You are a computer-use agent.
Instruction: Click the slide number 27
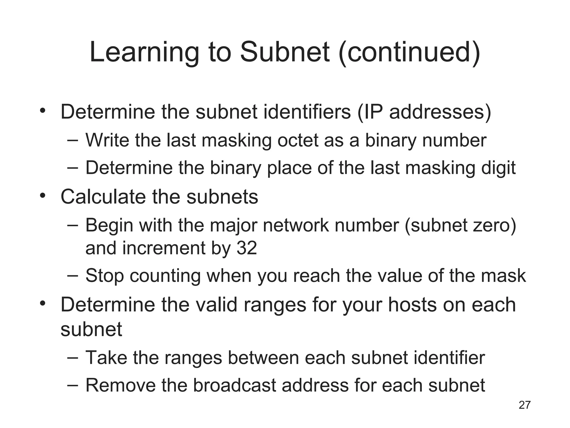point(525,405)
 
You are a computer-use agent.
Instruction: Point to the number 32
point(246,248)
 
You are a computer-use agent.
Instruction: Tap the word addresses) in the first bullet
point(440,112)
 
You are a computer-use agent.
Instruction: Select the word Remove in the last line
point(120,385)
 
